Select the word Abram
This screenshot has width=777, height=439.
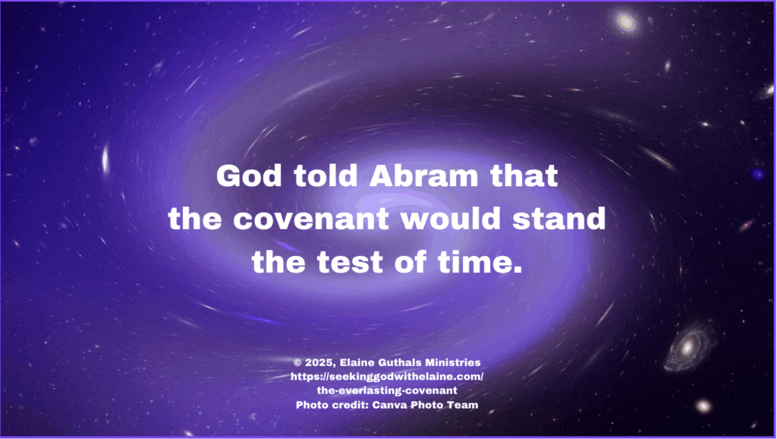point(423,175)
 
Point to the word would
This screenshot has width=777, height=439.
point(451,218)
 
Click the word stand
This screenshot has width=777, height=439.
point(559,218)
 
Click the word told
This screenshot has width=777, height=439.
point(325,175)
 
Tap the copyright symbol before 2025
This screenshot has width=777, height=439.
point(297,362)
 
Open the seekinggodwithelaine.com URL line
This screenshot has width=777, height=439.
point(387,377)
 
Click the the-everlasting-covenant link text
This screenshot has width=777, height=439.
point(387,390)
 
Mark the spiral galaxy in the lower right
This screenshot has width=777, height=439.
point(688,347)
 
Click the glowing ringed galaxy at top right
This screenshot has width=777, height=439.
point(626,22)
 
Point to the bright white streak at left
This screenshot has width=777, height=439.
point(105,159)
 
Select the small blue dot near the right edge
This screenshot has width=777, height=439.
point(758,174)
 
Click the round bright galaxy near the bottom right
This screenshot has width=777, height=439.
point(703,407)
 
